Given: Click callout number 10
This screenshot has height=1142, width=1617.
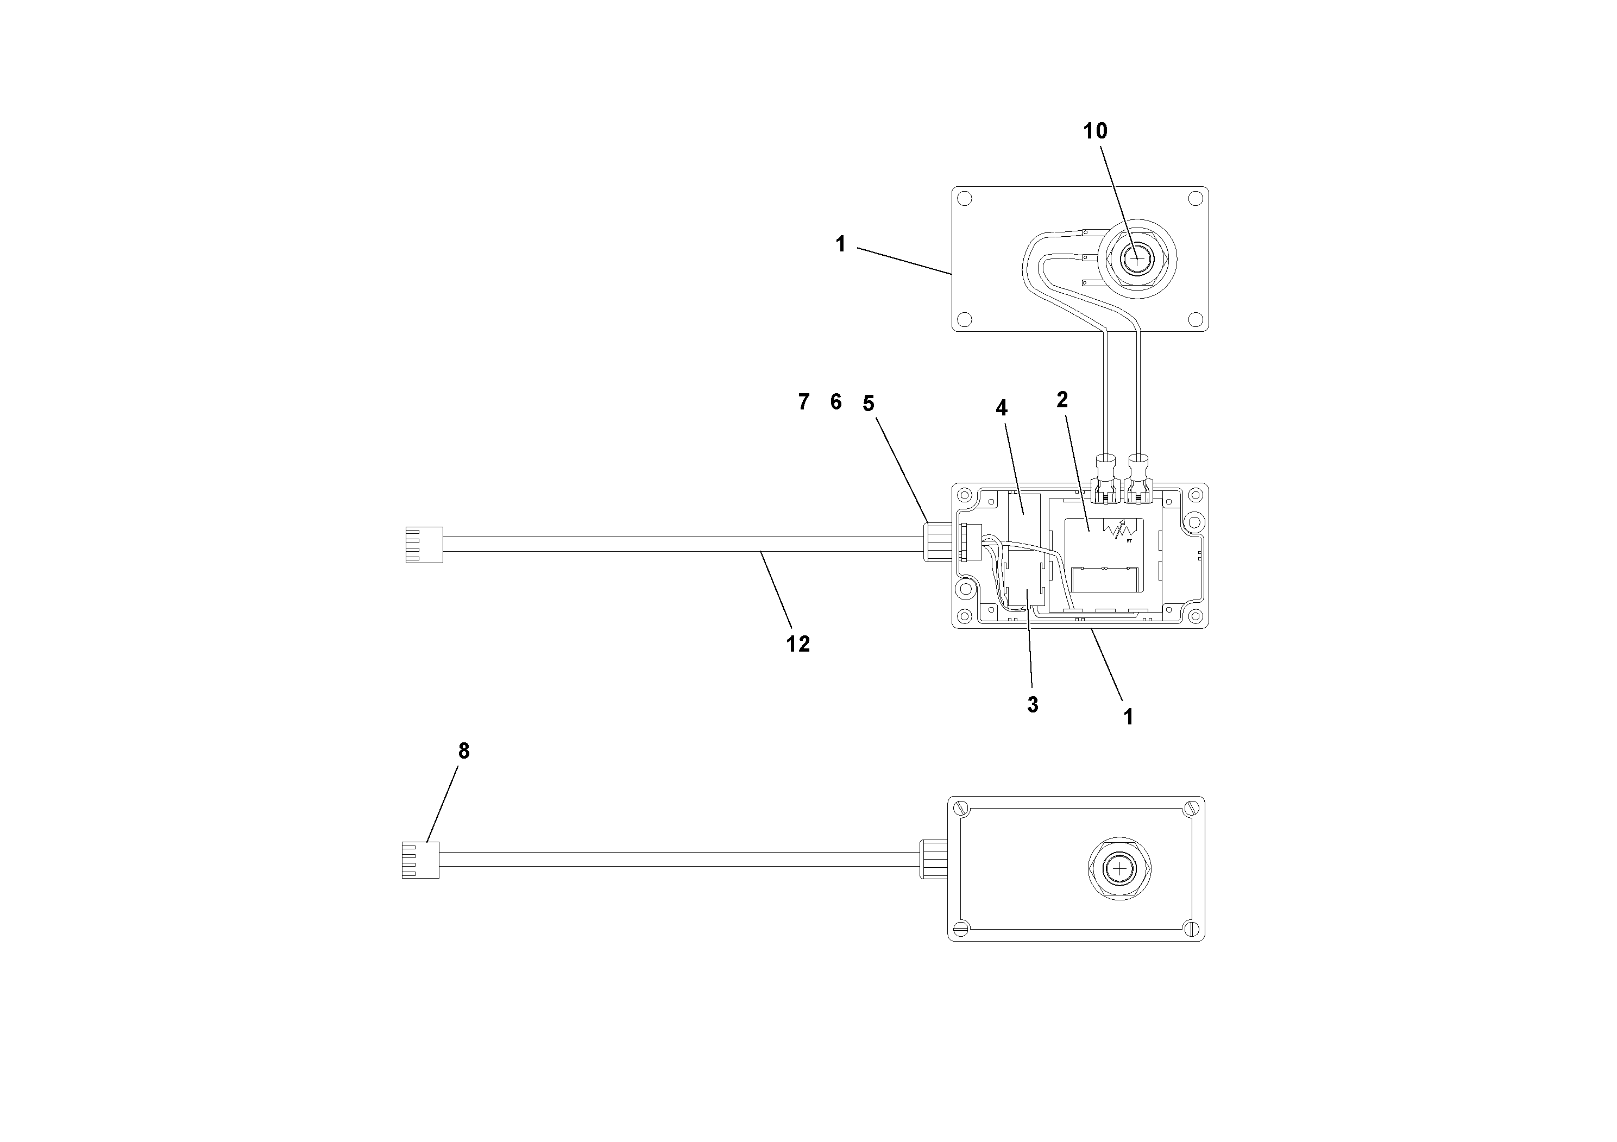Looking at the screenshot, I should (1094, 131).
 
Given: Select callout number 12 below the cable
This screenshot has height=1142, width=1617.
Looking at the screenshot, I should (798, 643).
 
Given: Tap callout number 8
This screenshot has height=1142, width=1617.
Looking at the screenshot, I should (463, 751).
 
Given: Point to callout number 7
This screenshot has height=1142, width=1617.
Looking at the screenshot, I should (803, 402).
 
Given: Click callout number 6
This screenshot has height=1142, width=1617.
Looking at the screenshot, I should (836, 402).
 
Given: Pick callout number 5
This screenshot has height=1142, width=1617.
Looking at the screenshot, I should (869, 403).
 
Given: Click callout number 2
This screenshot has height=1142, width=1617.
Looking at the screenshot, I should (1062, 400).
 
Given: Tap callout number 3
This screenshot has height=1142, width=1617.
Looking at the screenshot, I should (1033, 705).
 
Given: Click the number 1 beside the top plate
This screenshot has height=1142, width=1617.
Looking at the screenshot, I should (840, 244).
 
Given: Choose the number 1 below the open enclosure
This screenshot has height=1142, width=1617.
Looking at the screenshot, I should (1128, 717).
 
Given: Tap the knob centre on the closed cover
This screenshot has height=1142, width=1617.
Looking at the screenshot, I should (1119, 869).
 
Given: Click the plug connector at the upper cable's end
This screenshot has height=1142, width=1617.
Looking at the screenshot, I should (425, 545).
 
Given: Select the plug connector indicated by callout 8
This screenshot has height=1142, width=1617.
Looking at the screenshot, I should (420, 860).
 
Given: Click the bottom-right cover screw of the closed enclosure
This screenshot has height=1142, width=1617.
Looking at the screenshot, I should (1192, 928).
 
